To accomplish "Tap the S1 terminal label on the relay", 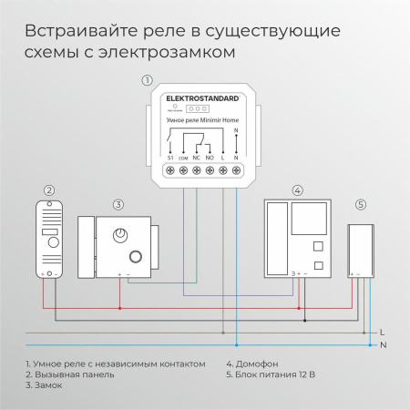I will (x=170, y=158).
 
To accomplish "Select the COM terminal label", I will (x=183, y=158).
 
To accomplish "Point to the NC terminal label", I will (x=197, y=158).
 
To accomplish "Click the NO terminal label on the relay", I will (x=210, y=158).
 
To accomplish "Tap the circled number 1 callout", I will (x=148, y=80).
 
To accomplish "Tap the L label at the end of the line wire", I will (x=382, y=332).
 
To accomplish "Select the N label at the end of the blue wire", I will (x=382, y=344).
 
